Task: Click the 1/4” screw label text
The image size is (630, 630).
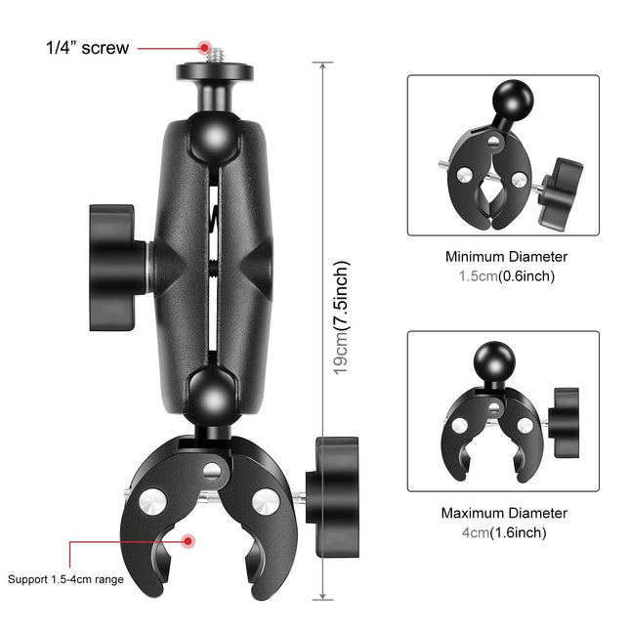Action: coord(87,47)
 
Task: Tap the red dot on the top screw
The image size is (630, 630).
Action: coord(205,46)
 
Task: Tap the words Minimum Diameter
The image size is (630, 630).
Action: coord(505,257)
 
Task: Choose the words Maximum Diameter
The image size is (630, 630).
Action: coord(504,513)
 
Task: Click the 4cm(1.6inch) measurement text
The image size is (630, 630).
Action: coord(504,532)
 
